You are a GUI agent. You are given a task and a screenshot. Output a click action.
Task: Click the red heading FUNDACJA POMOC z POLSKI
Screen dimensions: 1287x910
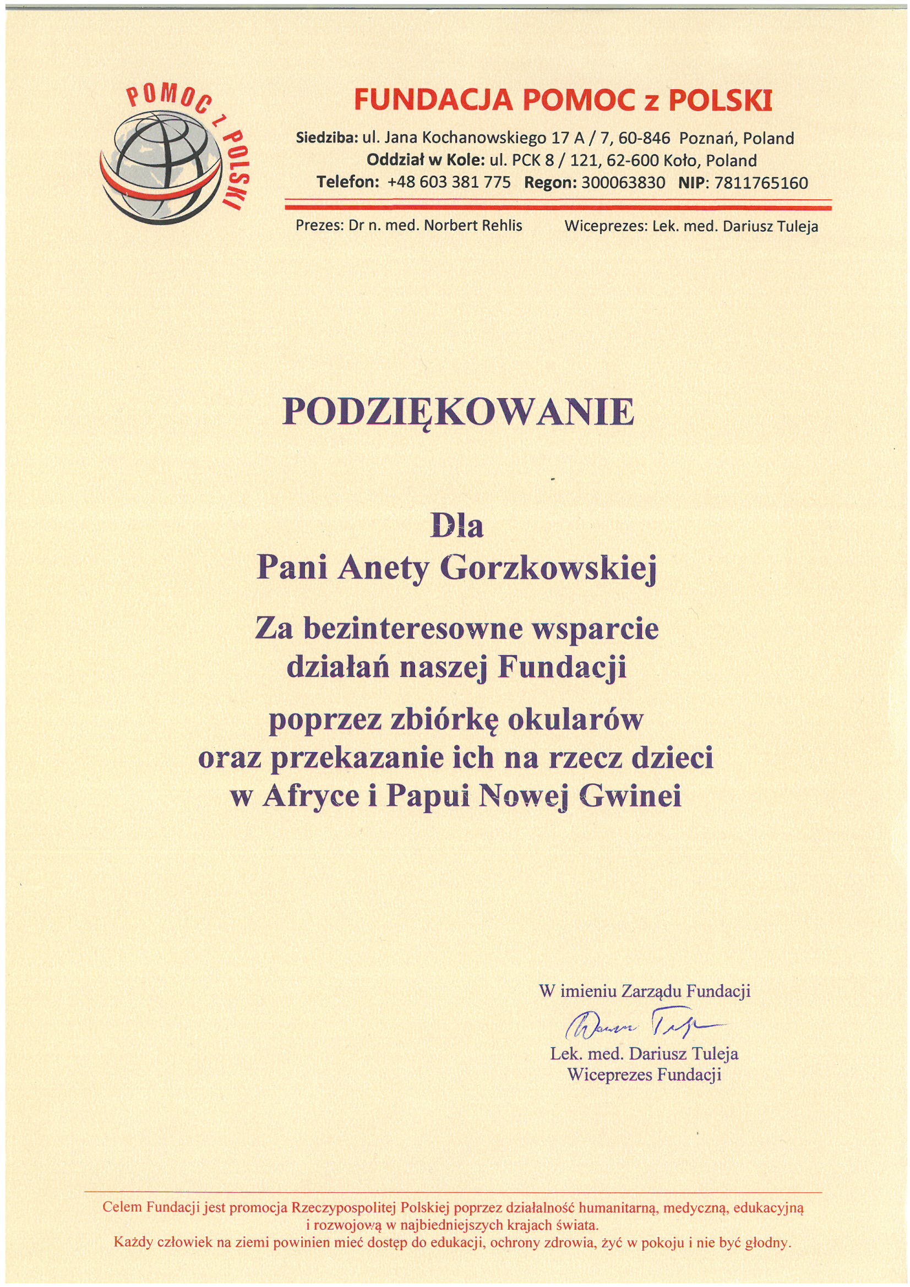pyautogui.click(x=563, y=101)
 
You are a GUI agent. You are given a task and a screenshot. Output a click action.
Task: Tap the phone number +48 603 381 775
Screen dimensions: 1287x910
pyautogui.click(x=449, y=183)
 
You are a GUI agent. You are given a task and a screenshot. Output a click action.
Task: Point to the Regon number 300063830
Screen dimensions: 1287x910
pyautogui.click(x=624, y=183)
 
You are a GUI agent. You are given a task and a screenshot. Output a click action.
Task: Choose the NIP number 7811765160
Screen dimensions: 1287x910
pyautogui.click(x=760, y=183)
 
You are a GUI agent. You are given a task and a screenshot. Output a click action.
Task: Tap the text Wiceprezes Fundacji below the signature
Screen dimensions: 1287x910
pyautogui.click(x=644, y=1075)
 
